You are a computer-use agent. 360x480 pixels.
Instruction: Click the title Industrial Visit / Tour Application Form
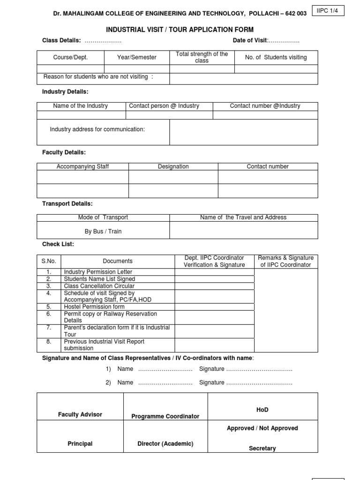(x=180, y=30)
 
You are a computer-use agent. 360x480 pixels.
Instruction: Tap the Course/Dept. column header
(x=70, y=57)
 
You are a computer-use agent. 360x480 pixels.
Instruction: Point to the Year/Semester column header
(x=137, y=57)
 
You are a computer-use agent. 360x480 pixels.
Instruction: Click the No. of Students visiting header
(x=276, y=57)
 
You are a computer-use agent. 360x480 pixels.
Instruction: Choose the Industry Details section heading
(x=65, y=91)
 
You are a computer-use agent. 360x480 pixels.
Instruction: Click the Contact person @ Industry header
(x=164, y=106)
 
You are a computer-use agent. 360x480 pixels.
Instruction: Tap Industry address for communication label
(x=97, y=129)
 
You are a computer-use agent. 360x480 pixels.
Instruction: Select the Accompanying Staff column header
(x=82, y=166)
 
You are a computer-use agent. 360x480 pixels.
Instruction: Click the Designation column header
(x=173, y=166)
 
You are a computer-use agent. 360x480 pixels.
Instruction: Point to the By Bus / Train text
(x=103, y=232)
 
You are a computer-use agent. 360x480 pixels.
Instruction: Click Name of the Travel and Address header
(x=243, y=217)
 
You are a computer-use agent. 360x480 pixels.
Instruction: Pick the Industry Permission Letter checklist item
(x=98, y=272)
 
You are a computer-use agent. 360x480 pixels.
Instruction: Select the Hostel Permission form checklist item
(x=94, y=307)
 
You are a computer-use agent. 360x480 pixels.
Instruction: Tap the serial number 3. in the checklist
(x=48, y=285)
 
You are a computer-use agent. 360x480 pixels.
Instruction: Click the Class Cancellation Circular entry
(x=99, y=285)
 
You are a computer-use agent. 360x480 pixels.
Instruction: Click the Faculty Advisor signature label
(x=80, y=414)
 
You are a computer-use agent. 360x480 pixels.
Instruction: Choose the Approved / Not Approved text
(x=262, y=428)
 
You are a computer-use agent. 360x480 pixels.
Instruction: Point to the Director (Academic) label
(x=165, y=443)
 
